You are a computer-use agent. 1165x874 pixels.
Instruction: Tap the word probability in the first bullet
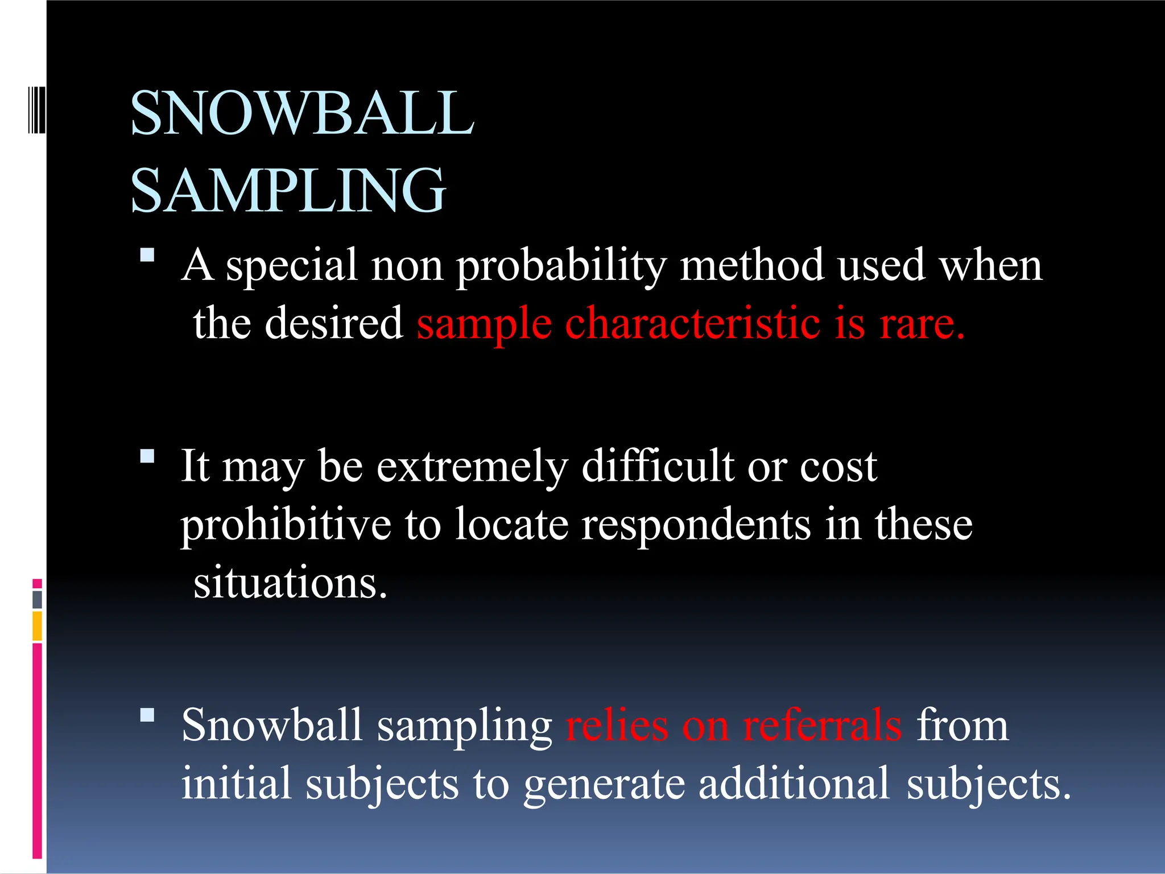pyautogui.click(x=561, y=266)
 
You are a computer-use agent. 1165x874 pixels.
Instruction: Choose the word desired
pyautogui.click(x=334, y=323)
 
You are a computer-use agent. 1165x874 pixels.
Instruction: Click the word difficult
pyautogui.click(x=658, y=467)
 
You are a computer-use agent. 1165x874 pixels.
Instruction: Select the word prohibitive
pyautogui.click(x=286, y=525)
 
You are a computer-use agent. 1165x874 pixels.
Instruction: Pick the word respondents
pyautogui.click(x=696, y=526)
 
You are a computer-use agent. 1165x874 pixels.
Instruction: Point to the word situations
pyautogui.click(x=290, y=583)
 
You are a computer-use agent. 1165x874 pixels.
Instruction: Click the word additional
pyautogui.click(x=794, y=784)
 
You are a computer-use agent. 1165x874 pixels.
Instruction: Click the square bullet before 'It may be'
pyautogui.click(x=147, y=456)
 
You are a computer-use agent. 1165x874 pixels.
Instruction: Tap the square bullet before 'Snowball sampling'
pyautogui.click(x=147, y=715)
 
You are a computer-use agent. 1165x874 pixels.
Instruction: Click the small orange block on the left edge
pyautogui.click(x=38, y=625)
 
